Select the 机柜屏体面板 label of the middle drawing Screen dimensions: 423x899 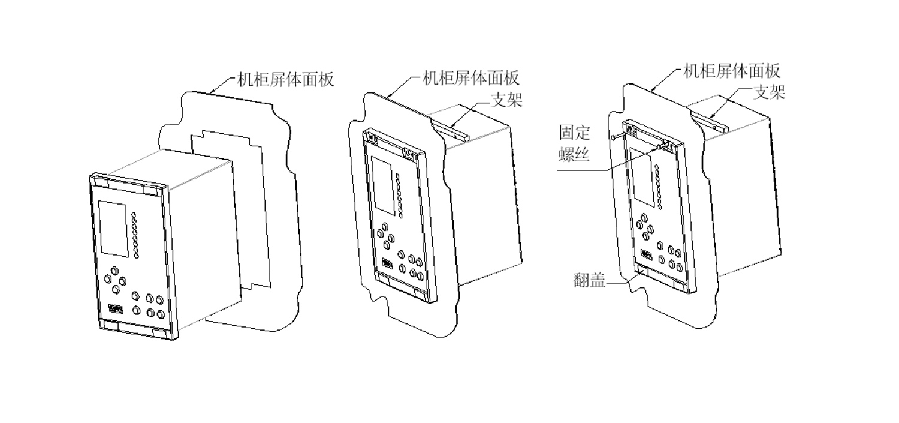pos(471,78)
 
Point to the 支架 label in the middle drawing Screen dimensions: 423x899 pos(507,100)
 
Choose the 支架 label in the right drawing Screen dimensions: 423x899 pos(769,92)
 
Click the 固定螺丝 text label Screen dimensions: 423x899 pos(575,143)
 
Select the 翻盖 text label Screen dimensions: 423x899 pos(589,280)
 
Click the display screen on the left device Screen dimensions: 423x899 pos(113,229)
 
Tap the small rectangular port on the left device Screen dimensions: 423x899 pos(116,310)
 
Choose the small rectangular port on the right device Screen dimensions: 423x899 pos(646,254)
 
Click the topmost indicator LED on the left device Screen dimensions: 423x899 pos(134,214)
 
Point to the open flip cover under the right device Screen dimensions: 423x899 pos(640,273)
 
